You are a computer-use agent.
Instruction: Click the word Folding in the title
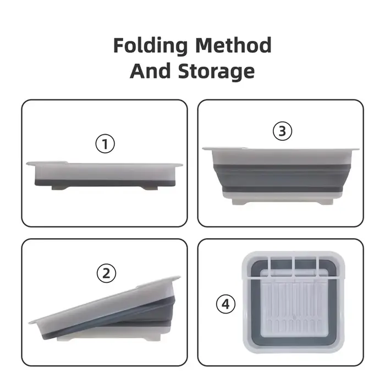pos(151,46)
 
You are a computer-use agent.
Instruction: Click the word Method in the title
pos(234,45)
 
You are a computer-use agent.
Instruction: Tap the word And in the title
pos(150,71)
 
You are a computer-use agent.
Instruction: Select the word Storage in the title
pos(216,71)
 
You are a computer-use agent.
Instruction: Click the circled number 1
pos(105,144)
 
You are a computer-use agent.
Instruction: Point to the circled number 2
pos(106,273)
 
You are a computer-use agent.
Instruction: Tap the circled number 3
pos(282,131)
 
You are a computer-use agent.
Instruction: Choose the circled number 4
pos(226,304)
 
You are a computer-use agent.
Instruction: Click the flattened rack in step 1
pos(105,175)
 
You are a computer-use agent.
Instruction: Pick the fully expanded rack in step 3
pos(280,176)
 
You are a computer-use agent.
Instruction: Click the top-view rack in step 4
pos(294,302)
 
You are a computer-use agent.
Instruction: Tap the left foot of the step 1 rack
pos(59,188)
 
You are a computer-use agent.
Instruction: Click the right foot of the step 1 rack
pos(150,188)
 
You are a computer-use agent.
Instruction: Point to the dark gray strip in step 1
pos(105,183)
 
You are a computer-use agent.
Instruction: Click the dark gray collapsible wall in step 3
pos(282,178)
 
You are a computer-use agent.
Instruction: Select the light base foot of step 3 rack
pos(282,202)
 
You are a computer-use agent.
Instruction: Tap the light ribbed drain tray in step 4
pos(294,304)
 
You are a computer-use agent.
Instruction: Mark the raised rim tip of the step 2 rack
pos(180,277)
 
